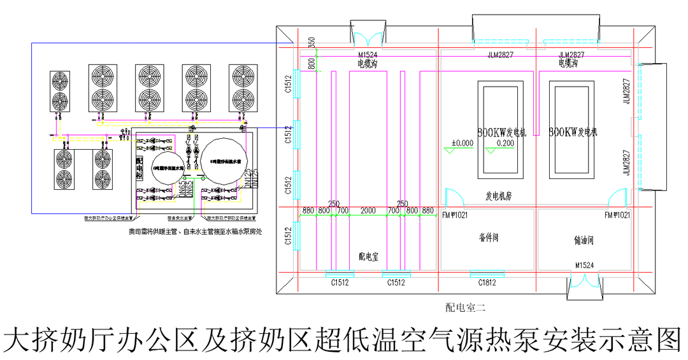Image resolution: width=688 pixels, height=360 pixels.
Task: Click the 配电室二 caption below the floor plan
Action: coord(465,308)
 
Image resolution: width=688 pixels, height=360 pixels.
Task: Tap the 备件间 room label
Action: coord(488,238)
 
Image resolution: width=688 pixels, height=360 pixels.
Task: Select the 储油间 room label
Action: coord(584,241)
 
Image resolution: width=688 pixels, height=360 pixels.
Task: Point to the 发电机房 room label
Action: coord(499,198)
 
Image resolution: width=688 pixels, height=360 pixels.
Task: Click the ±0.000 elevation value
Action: coord(462,143)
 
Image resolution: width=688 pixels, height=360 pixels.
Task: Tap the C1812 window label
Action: coord(487,282)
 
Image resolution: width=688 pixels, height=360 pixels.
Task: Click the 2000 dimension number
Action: coord(368,210)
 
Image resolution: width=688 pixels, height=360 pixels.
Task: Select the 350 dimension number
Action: coord(311,43)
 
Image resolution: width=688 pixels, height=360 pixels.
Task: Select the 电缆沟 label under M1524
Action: coord(369,64)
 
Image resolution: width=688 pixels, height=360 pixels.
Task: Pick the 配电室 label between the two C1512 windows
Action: coord(369,257)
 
